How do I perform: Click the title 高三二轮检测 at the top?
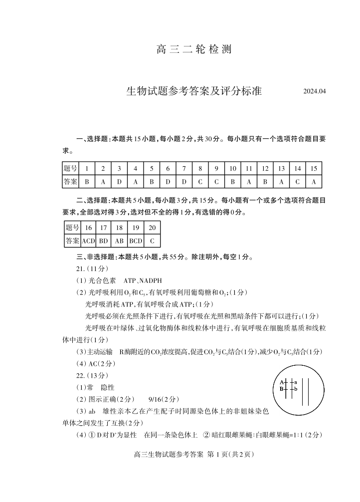coord(194,50)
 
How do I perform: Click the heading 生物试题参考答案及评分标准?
coord(194,91)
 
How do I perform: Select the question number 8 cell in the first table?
coord(200,169)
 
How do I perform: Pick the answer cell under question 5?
coord(152,182)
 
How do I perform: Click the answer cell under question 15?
coord(314,182)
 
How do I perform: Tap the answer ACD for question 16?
coord(88,241)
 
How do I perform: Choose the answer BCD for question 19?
coord(136,241)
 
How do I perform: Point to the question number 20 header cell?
coord(152,228)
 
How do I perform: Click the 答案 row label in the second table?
coord(72,241)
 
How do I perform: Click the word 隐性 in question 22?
coord(108,387)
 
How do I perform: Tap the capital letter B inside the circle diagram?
coord(282,389)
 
